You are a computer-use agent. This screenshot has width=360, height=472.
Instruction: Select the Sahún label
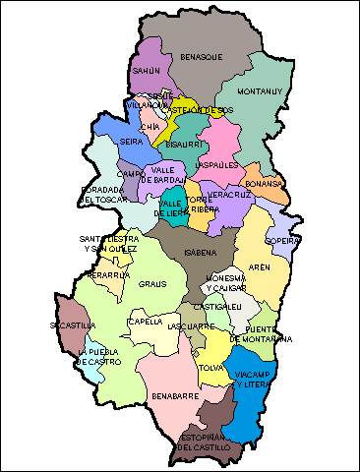(146, 72)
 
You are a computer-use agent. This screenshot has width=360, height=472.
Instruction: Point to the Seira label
(132, 142)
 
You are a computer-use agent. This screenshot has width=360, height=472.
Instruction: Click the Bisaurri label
(183, 145)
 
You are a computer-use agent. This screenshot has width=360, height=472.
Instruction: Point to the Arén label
(259, 267)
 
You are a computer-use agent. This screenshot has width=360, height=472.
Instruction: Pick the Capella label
(146, 322)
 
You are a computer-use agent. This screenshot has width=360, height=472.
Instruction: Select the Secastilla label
(72, 324)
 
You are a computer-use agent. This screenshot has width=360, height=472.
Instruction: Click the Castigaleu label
(222, 307)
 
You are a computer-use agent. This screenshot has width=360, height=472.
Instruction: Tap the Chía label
(150, 126)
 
